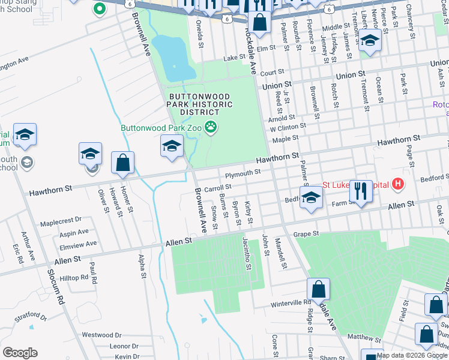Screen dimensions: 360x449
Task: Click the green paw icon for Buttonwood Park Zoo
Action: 211,127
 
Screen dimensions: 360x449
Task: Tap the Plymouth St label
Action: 244,173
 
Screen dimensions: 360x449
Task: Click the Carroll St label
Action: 218,188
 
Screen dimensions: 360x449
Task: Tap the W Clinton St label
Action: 288,127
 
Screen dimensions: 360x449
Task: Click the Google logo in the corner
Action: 20,352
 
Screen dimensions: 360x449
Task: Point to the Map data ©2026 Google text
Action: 412,355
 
